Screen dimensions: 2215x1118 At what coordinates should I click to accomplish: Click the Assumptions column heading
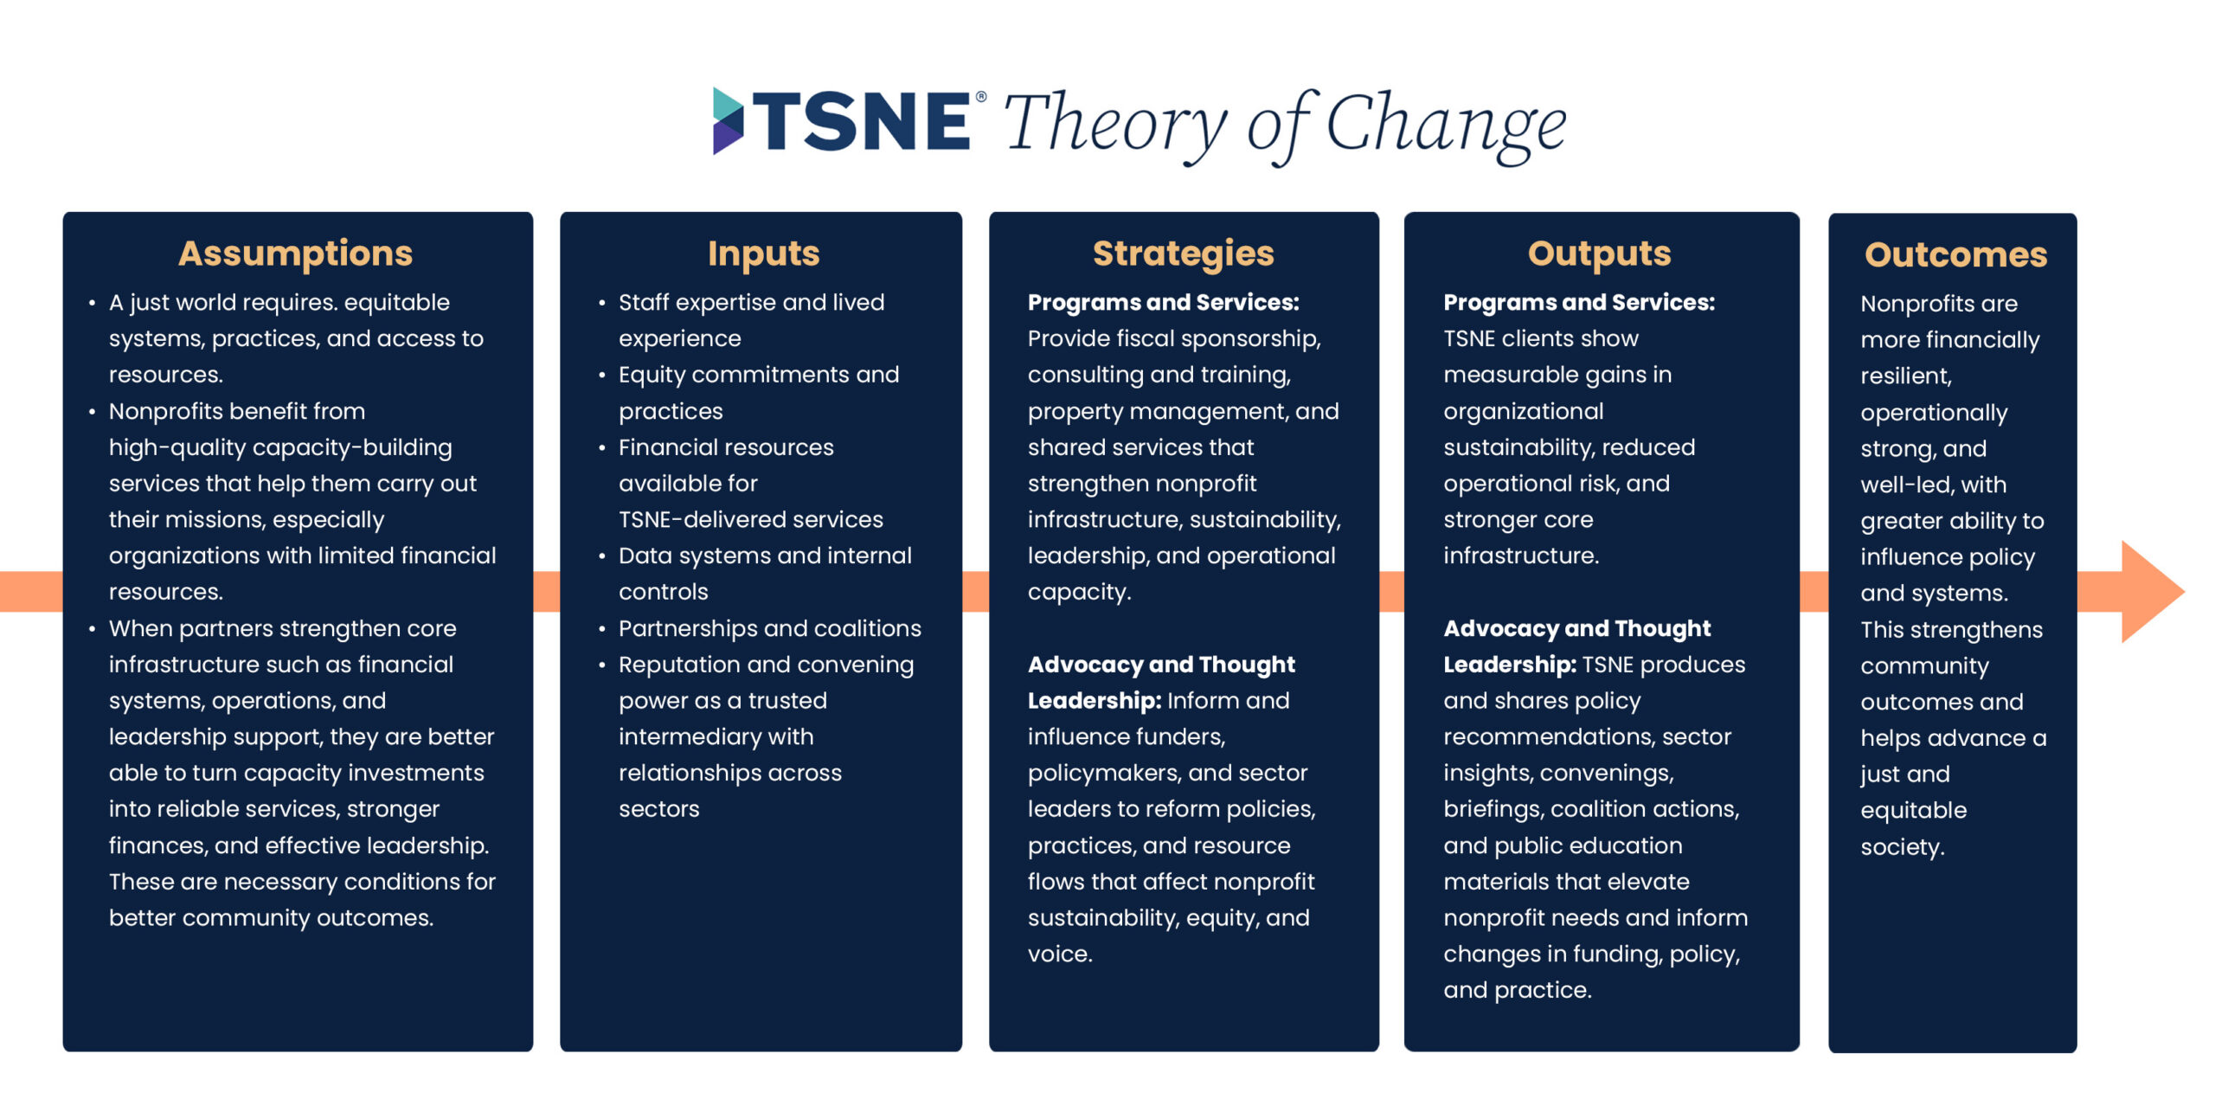pos(295,254)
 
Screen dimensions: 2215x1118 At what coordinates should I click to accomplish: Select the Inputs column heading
pos(763,254)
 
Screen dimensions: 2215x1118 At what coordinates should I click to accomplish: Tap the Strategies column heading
pos(1183,254)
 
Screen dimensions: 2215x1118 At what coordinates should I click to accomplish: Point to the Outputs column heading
pos(1599,254)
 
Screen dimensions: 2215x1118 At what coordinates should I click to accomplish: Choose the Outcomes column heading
pos(1955,254)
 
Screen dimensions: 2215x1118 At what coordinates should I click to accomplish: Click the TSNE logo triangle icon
pos(727,120)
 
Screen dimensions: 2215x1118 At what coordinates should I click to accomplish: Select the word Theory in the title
pos(1115,126)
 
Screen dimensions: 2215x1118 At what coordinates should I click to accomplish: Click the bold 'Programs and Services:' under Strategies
pos(1163,302)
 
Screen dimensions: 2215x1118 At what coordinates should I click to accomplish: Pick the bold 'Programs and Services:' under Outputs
pos(1579,302)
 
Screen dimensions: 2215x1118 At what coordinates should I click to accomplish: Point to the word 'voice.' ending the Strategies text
pos(1060,954)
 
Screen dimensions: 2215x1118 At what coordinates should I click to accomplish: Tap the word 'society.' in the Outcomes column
pos(1903,846)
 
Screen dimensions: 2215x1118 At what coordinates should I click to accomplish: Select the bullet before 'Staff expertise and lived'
pos(601,303)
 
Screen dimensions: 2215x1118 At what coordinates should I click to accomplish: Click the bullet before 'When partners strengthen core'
pos(92,629)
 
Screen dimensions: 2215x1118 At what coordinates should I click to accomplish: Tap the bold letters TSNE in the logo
pos(861,120)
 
